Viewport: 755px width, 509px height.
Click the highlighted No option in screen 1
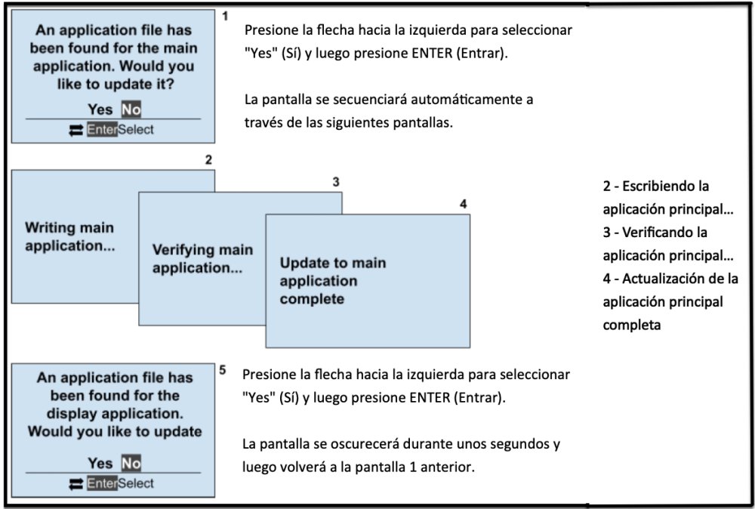[131, 110]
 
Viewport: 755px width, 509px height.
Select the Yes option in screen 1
[100, 110]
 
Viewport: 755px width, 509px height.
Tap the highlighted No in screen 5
[131, 463]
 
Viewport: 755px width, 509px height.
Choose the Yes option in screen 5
[100, 463]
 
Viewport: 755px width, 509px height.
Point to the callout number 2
[208, 159]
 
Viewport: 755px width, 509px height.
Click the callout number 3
[336, 182]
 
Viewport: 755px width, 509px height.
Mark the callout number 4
[464, 204]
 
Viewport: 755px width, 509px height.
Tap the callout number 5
[222, 371]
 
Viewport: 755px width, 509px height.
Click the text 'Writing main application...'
[69, 236]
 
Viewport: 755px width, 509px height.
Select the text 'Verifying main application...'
[202, 258]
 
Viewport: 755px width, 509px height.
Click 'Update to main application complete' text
[332, 281]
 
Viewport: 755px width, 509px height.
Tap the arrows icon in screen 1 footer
[75, 130]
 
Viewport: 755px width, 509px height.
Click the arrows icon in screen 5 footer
[75, 483]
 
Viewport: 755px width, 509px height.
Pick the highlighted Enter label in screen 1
[102, 130]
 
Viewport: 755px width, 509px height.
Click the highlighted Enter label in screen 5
[102, 483]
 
